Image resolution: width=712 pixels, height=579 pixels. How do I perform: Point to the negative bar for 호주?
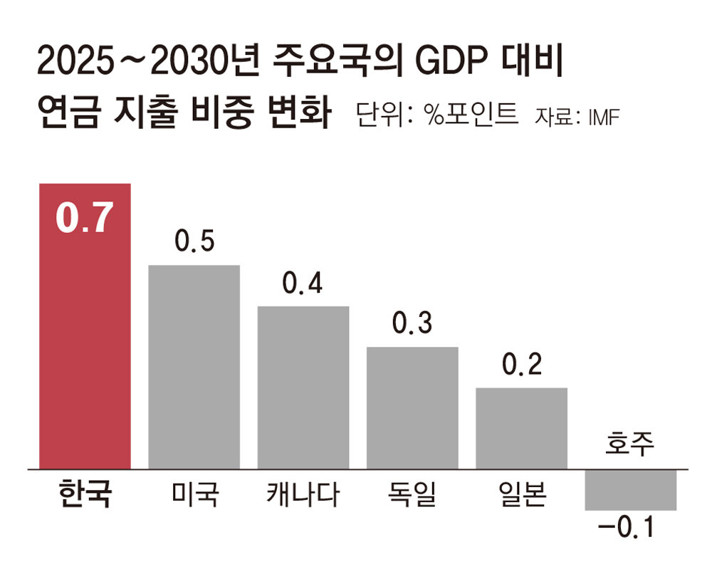(x=630, y=490)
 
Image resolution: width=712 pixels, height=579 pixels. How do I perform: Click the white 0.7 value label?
(x=85, y=219)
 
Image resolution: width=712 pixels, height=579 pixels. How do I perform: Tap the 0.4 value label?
(x=303, y=283)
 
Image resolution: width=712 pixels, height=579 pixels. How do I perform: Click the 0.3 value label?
(x=412, y=324)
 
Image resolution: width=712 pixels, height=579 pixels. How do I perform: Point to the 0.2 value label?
(x=521, y=365)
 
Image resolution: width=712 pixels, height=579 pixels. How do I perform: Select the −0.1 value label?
(x=626, y=529)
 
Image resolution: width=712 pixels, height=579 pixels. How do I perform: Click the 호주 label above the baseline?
(x=629, y=445)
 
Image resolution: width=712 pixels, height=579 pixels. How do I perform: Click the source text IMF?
(x=604, y=116)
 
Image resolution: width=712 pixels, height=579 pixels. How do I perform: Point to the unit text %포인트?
(x=471, y=115)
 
